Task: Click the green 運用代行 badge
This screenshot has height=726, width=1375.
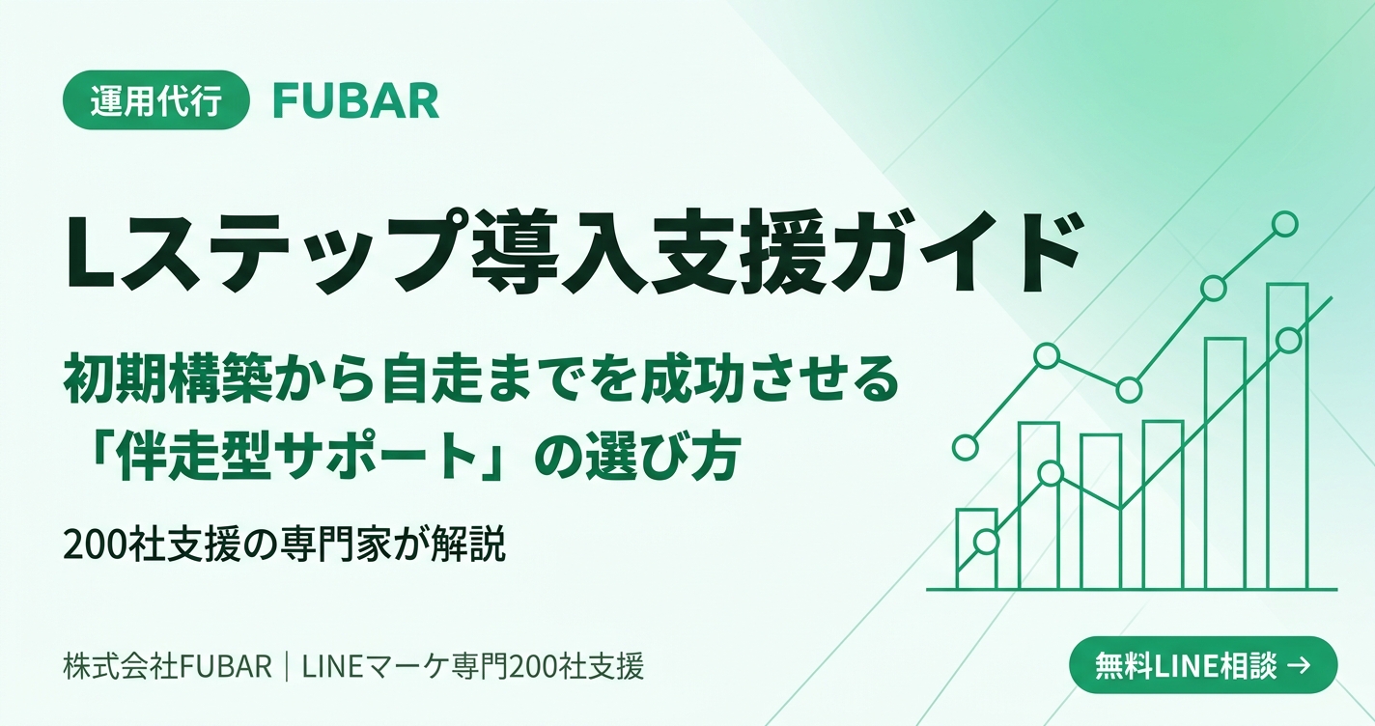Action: point(155,100)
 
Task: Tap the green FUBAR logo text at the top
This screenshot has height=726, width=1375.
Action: point(356,101)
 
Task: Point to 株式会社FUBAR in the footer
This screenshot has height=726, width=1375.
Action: point(168,666)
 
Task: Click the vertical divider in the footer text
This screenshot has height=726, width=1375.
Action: point(288,666)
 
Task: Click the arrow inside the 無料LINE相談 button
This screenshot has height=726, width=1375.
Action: point(1298,665)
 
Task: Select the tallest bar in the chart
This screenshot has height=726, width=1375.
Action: point(1287,436)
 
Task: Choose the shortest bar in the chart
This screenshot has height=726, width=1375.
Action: point(976,549)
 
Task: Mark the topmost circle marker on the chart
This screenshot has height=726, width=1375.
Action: point(1284,224)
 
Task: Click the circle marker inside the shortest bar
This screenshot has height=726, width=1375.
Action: point(985,542)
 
